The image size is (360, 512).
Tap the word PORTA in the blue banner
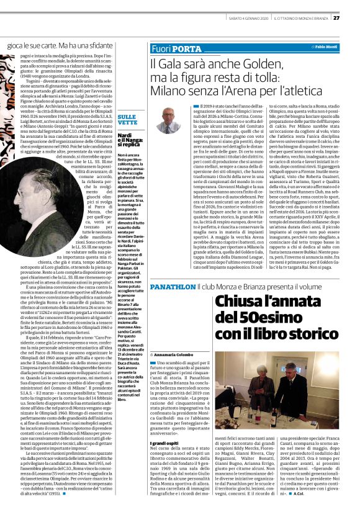click(186, 48)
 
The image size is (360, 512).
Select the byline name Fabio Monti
click(329, 47)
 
